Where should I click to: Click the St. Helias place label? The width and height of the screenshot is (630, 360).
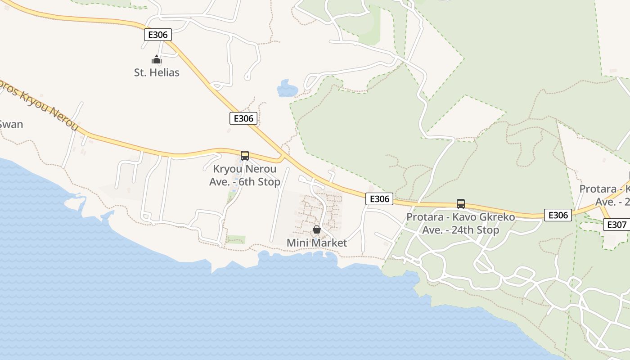click(157, 72)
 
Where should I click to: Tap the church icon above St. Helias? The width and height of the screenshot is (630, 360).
click(156, 59)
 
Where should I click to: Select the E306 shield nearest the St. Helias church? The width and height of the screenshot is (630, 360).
click(158, 35)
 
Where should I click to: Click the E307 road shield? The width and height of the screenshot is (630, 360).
click(616, 225)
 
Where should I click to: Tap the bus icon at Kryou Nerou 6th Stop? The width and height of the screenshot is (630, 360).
click(245, 156)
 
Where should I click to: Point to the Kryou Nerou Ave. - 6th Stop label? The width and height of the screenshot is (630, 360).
click(245, 175)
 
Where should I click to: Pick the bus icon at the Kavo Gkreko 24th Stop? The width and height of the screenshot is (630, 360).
click(460, 203)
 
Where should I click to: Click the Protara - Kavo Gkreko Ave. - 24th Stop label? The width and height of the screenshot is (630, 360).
click(460, 224)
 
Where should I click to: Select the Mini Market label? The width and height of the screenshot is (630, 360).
click(317, 243)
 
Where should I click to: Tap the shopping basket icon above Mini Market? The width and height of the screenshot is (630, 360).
click(317, 230)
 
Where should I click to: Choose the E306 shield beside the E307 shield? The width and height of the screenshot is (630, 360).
click(558, 215)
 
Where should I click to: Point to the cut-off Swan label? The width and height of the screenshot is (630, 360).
click(11, 125)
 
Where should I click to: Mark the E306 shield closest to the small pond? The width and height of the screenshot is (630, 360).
click(243, 118)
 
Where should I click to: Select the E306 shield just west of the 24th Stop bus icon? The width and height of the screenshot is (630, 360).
click(379, 199)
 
